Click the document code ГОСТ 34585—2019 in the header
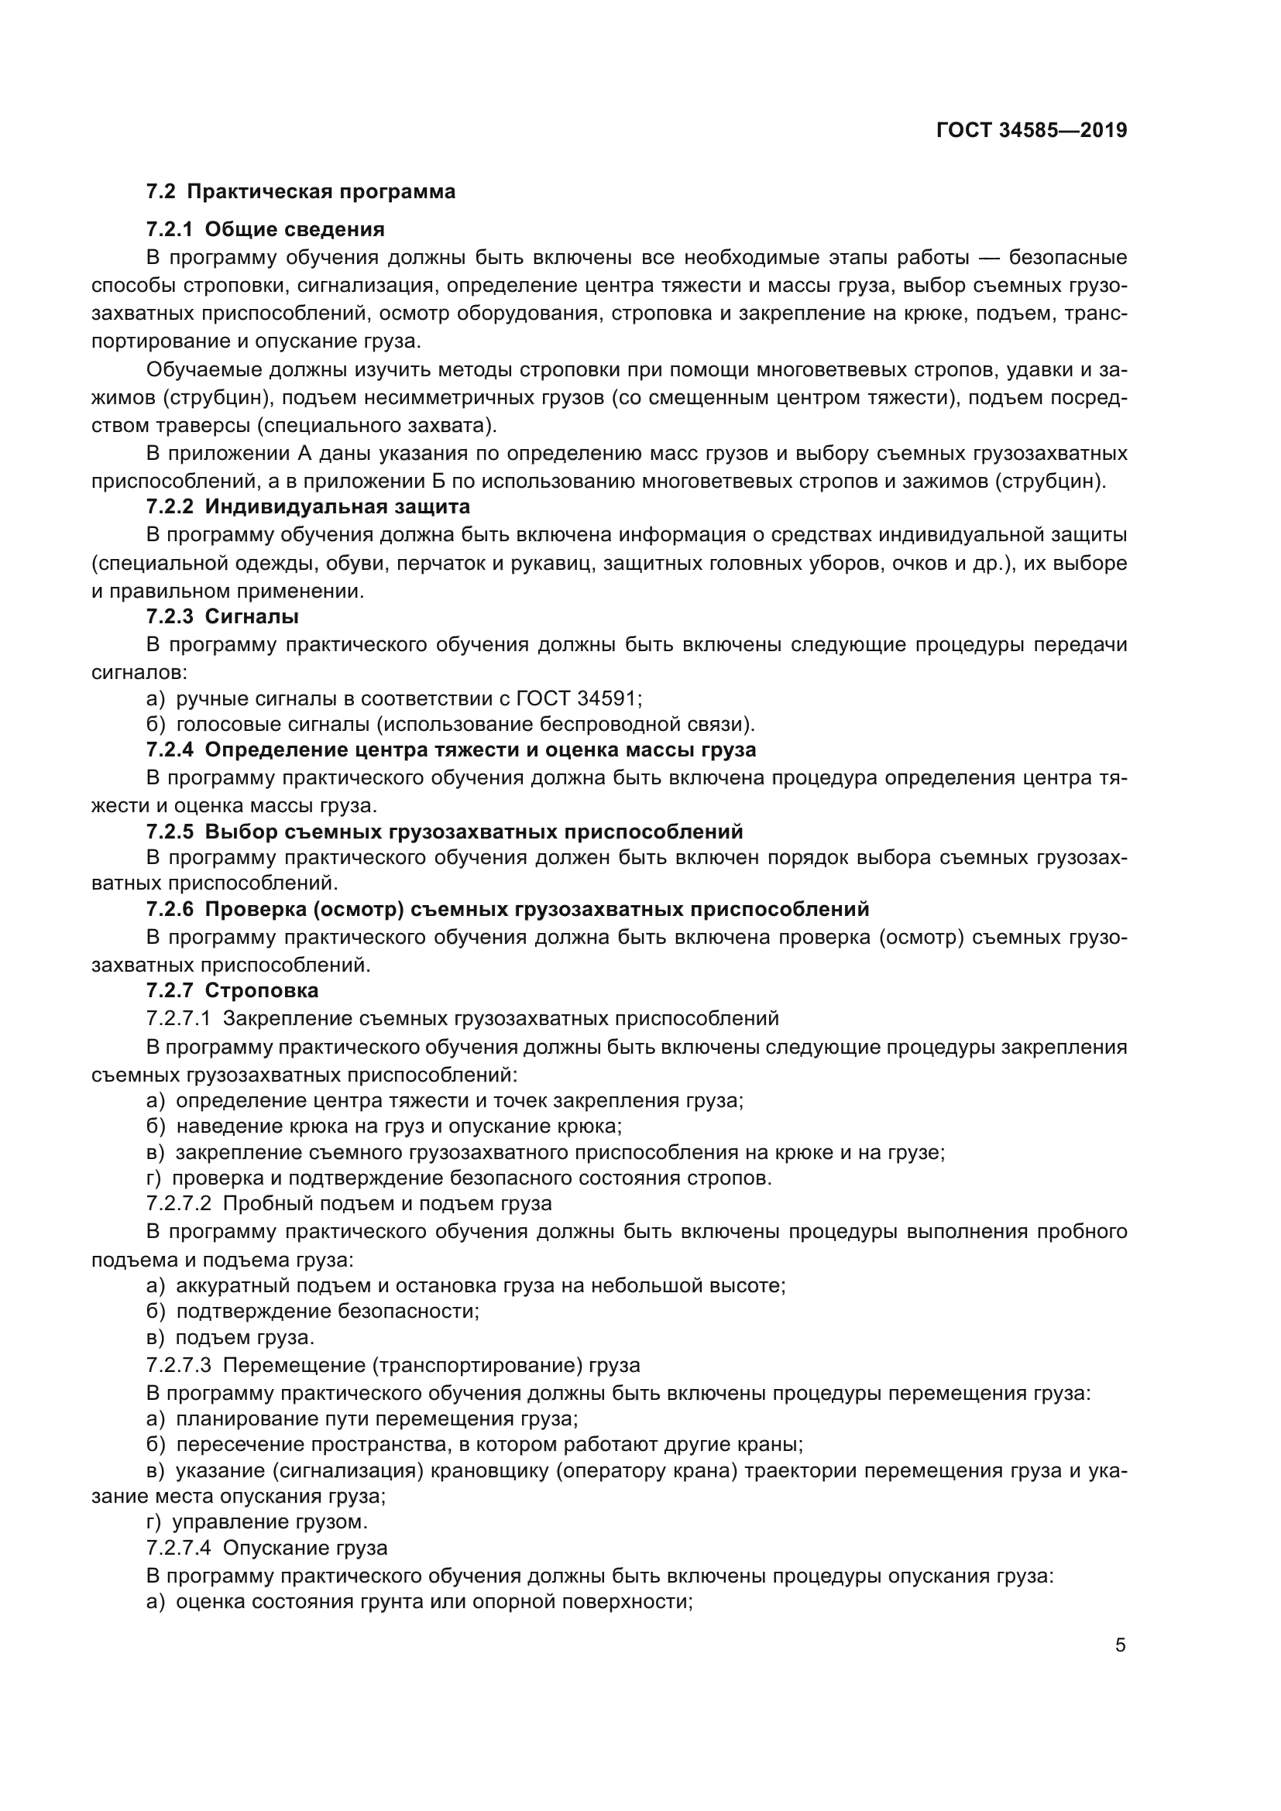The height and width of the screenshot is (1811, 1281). (1031, 130)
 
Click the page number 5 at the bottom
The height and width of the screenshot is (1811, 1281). (1120, 1645)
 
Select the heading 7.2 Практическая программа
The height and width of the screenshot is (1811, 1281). (301, 192)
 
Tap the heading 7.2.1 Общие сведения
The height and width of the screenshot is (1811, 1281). (265, 229)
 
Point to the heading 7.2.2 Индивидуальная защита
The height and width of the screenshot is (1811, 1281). (307, 506)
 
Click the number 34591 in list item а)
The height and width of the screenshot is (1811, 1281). (608, 698)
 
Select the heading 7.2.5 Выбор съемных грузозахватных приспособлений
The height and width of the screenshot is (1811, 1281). (444, 832)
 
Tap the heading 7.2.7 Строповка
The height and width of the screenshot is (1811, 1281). (232, 990)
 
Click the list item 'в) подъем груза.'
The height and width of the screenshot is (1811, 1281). (230, 1337)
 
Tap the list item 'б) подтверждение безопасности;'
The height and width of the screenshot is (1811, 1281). (313, 1311)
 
